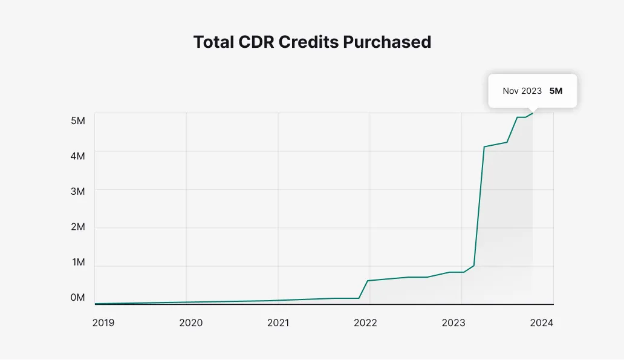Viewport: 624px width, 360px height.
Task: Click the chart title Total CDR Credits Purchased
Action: coord(312,42)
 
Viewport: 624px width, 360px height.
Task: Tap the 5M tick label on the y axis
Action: coord(78,120)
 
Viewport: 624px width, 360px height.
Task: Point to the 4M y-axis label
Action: coord(78,155)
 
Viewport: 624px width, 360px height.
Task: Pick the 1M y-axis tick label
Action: coord(78,262)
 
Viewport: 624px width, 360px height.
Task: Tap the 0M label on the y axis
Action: coord(78,297)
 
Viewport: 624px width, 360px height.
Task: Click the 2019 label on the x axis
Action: coord(103,322)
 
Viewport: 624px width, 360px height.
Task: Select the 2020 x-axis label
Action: coord(191,322)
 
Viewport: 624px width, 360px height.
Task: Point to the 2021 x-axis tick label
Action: coord(278,322)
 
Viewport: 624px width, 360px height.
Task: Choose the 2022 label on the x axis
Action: coord(365,322)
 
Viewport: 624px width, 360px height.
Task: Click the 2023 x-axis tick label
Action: coord(453,322)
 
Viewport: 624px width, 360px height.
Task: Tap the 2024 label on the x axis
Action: coord(542,322)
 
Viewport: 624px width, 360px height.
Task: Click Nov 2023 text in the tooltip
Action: coord(522,91)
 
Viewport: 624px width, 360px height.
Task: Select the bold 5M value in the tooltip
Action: coord(556,91)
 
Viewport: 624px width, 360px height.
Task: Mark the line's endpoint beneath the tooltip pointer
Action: coord(533,113)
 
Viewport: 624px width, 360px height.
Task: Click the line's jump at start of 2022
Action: coord(364,289)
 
